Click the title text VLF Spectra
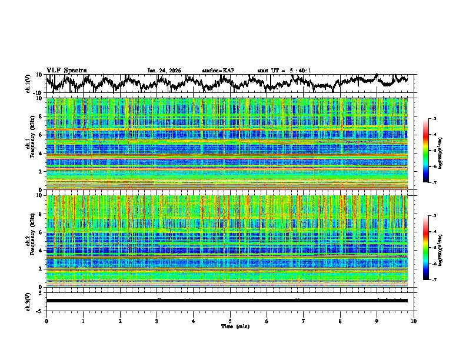pos(66,71)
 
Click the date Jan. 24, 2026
pos(164,71)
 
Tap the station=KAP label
pos(218,71)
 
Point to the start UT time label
pos(284,71)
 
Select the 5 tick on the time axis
pos(230,321)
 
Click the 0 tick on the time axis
pos(46,321)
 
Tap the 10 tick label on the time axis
pos(414,321)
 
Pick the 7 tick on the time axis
pos(304,321)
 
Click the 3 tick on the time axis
pos(157,321)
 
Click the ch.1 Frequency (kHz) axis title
pos(29,144)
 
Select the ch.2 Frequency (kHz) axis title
pos(29,241)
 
